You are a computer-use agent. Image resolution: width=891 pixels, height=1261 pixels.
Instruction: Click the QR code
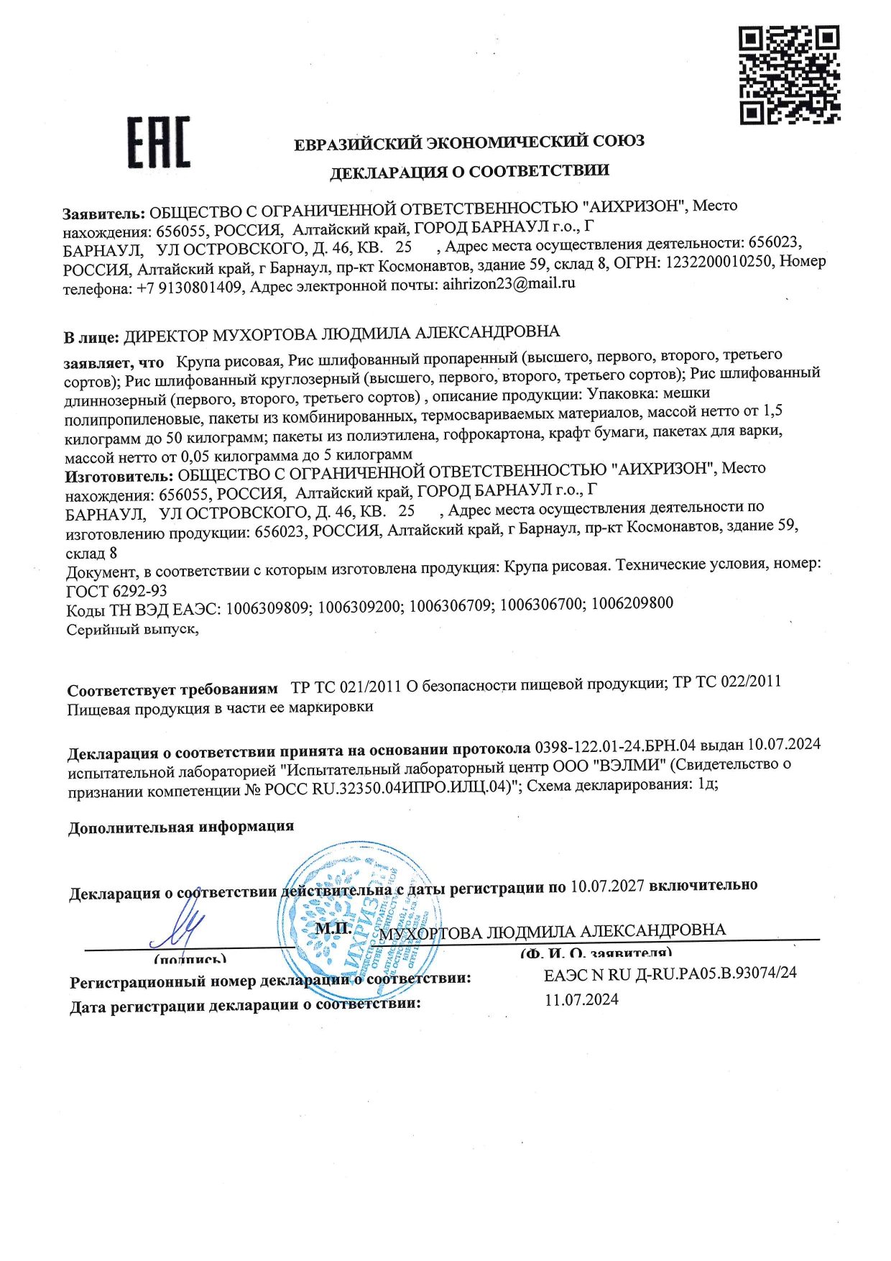790,75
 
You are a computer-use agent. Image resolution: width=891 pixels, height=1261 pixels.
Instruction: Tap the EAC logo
159,142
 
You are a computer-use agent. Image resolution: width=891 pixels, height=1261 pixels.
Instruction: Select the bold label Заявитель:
103,214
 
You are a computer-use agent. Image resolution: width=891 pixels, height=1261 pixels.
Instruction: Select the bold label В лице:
91,337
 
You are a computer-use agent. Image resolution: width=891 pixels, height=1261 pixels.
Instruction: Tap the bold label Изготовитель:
119,476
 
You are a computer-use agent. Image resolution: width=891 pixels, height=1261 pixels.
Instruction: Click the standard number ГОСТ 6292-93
116,591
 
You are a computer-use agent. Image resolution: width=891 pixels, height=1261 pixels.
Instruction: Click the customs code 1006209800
632,603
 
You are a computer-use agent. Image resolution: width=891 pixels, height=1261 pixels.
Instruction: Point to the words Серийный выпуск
132,629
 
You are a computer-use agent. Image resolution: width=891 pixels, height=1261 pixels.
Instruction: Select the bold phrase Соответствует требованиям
172,689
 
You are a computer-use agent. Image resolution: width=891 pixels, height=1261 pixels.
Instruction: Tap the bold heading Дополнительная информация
181,827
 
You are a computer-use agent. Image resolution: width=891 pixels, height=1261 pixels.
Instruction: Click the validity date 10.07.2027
607,886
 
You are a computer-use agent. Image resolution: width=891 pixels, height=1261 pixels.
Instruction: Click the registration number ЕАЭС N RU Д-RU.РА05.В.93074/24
670,973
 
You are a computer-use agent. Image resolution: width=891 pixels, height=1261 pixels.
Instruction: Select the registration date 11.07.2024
581,999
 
